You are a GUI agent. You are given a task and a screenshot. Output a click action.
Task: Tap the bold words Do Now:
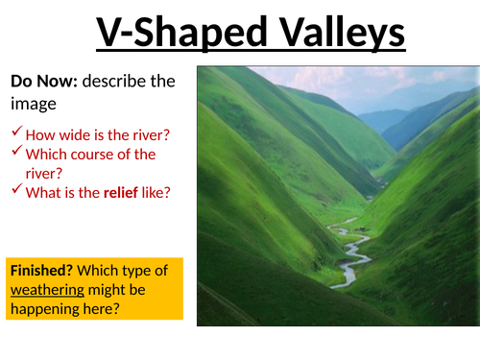(43, 82)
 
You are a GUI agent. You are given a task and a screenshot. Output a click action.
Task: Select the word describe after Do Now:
(119, 82)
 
